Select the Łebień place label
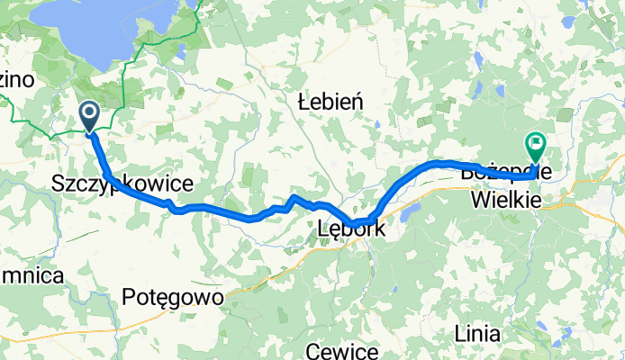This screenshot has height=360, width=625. pos(330,103)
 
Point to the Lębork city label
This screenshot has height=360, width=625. pos(352,229)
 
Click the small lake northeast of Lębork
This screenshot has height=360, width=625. pos(412,211)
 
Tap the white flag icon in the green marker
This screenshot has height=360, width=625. pos(536,140)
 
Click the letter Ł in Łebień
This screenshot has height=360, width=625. pos(303,103)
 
